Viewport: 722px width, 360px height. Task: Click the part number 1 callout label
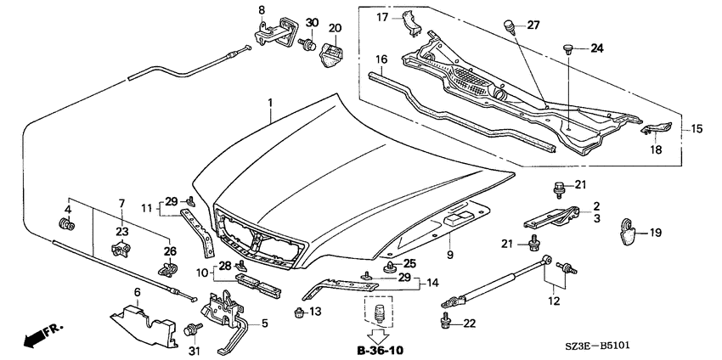pyautogui.click(x=270, y=103)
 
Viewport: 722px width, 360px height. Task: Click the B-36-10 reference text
pyautogui.click(x=381, y=351)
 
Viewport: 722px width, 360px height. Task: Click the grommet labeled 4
pyautogui.click(x=67, y=226)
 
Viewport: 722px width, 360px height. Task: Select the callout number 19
pyautogui.click(x=655, y=233)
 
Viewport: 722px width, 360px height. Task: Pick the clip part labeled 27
pyautogui.click(x=510, y=25)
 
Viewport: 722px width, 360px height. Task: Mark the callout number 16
pyautogui.click(x=381, y=59)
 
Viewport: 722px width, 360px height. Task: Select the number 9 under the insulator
pyautogui.click(x=450, y=254)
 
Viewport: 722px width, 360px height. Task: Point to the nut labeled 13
pyautogui.click(x=299, y=313)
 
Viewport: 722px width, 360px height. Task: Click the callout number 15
pyautogui.click(x=697, y=129)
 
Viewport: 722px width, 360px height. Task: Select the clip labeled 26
pyautogui.click(x=168, y=268)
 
